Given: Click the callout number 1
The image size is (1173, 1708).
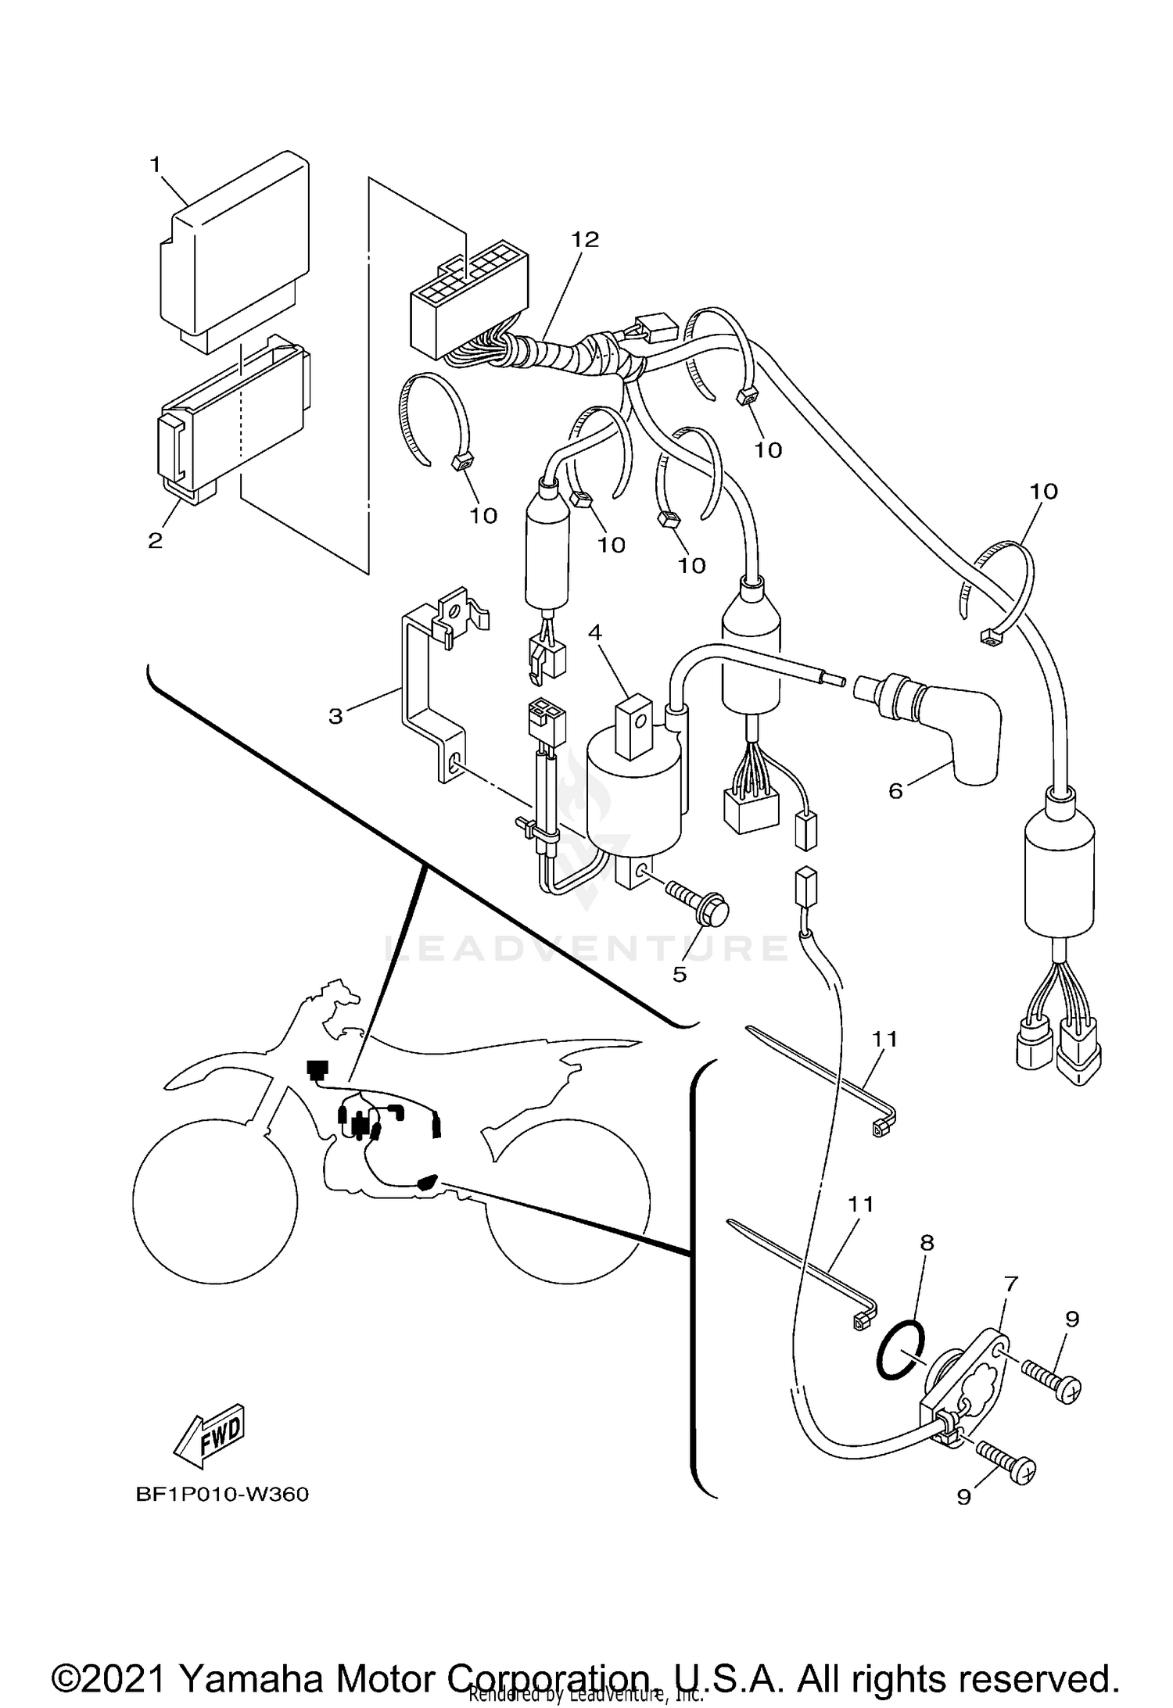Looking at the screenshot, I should (155, 164).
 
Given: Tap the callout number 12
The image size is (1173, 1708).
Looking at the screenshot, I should (584, 239).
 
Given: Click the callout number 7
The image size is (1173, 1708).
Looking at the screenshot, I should (1011, 1283).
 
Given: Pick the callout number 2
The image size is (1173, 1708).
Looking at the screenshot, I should (155, 540).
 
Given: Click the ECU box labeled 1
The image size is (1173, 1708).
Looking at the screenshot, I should (235, 250).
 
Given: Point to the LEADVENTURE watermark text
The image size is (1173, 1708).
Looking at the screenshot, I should (586, 948).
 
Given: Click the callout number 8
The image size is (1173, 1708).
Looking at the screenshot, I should (927, 1242).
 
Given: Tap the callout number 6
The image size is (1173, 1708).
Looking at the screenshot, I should (896, 791).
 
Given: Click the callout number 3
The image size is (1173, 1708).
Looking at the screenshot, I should (335, 716).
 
